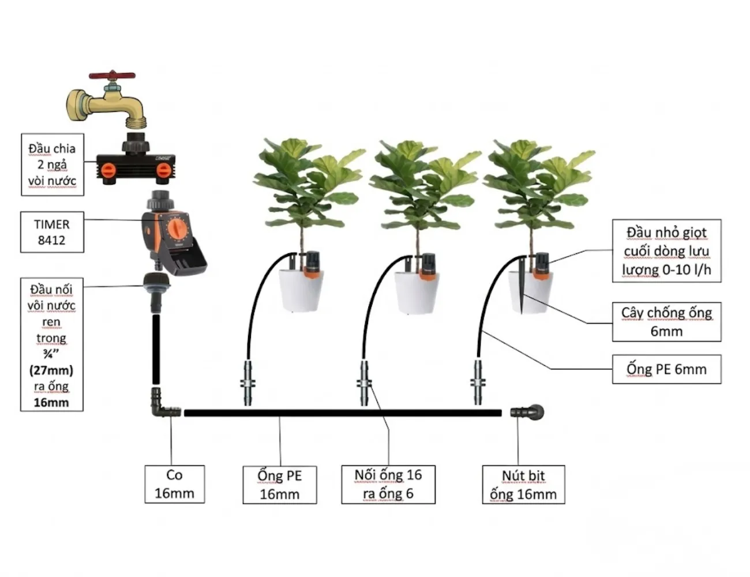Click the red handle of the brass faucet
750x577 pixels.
tap(112, 76)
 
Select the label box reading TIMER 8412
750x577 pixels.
tap(52, 232)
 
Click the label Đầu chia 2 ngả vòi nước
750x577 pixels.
tap(52, 164)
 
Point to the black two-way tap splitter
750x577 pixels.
tap(137, 166)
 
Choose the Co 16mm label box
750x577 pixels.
tap(174, 484)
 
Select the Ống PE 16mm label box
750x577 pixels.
tap(280, 485)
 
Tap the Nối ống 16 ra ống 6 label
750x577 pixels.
tap(388, 484)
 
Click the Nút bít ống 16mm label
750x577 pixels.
tap(523, 485)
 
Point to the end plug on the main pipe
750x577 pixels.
tap(528, 412)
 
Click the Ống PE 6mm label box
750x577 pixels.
tap(666, 369)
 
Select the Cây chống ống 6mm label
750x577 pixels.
tap(666, 322)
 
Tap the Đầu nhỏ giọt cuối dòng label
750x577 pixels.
tap(666, 251)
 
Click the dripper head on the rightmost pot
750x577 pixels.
tap(542, 264)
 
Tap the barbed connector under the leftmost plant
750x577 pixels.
tap(247, 383)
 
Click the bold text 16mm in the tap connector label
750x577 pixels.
tap(51, 402)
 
